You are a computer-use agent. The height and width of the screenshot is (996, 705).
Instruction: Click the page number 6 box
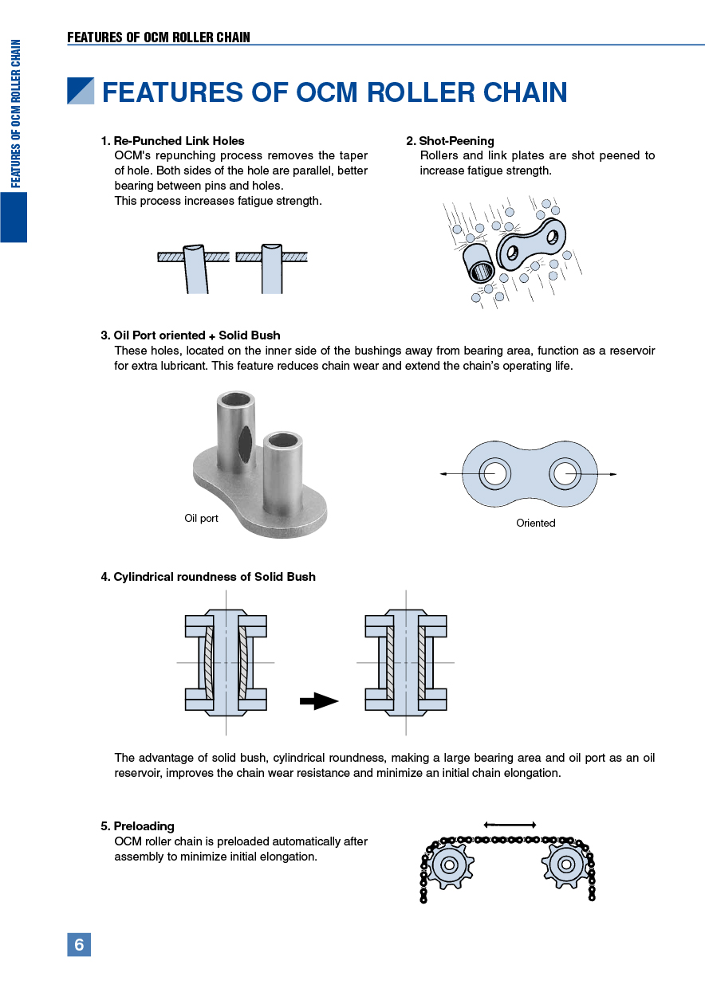pyautogui.click(x=79, y=944)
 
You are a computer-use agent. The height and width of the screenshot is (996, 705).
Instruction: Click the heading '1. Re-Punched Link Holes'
pyautogui.click(x=172, y=141)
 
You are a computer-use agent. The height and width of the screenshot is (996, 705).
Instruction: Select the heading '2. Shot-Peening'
pyautogui.click(x=450, y=141)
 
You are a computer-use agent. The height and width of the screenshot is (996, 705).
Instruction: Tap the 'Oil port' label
pyautogui.click(x=201, y=519)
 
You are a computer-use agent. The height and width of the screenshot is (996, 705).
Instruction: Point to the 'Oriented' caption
pyautogui.click(x=535, y=523)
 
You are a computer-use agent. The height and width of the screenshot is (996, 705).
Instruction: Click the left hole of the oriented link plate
pyautogui.click(x=494, y=474)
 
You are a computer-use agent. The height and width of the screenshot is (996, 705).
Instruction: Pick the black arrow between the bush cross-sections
pyautogui.click(x=319, y=701)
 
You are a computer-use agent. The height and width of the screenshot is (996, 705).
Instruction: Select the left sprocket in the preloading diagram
pyautogui.click(x=448, y=865)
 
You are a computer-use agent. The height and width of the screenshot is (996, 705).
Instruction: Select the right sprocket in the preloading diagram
pyautogui.click(x=566, y=865)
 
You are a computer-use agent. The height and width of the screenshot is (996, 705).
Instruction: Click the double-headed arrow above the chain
pyautogui.click(x=510, y=824)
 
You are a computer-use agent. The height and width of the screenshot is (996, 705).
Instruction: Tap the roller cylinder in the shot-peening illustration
pyautogui.click(x=479, y=265)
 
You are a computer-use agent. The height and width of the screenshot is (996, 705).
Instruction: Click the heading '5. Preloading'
pyautogui.click(x=137, y=826)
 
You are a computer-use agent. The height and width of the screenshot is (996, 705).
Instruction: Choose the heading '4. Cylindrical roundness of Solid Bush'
pyautogui.click(x=208, y=577)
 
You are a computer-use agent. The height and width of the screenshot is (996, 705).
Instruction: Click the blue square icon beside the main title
pyautogui.click(x=81, y=92)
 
